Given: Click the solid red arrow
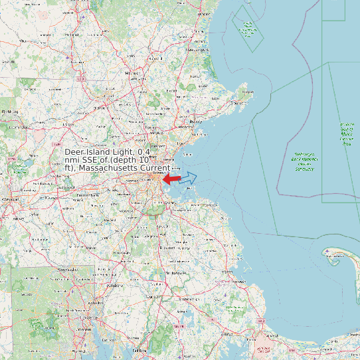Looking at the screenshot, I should [x=171, y=179].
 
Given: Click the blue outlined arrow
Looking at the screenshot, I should [x=189, y=177].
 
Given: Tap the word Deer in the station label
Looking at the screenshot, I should [x=76, y=153].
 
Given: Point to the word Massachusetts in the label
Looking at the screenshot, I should [x=108, y=169].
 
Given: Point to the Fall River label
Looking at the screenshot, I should [x=138, y=349].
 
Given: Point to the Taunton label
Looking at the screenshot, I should [x=154, y=296].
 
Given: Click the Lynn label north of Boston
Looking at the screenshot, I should [x=181, y=143].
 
